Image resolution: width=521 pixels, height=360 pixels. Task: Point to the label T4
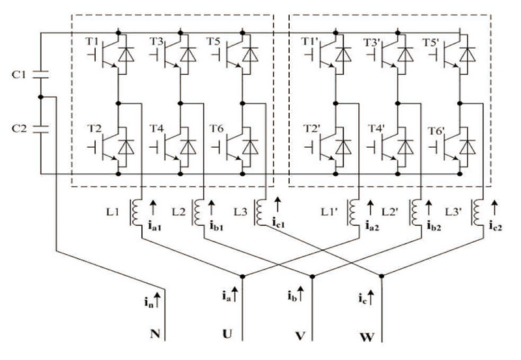tap(156, 128)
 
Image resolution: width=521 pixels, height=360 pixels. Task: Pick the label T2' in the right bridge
tap(310, 128)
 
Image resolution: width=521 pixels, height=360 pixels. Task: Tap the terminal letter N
tap(154, 336)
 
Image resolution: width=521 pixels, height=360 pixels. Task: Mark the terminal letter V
tap(300, 337)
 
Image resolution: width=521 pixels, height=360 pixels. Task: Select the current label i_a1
tap(154, 227)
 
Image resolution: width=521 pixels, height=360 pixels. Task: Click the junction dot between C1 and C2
tap(40, 97)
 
